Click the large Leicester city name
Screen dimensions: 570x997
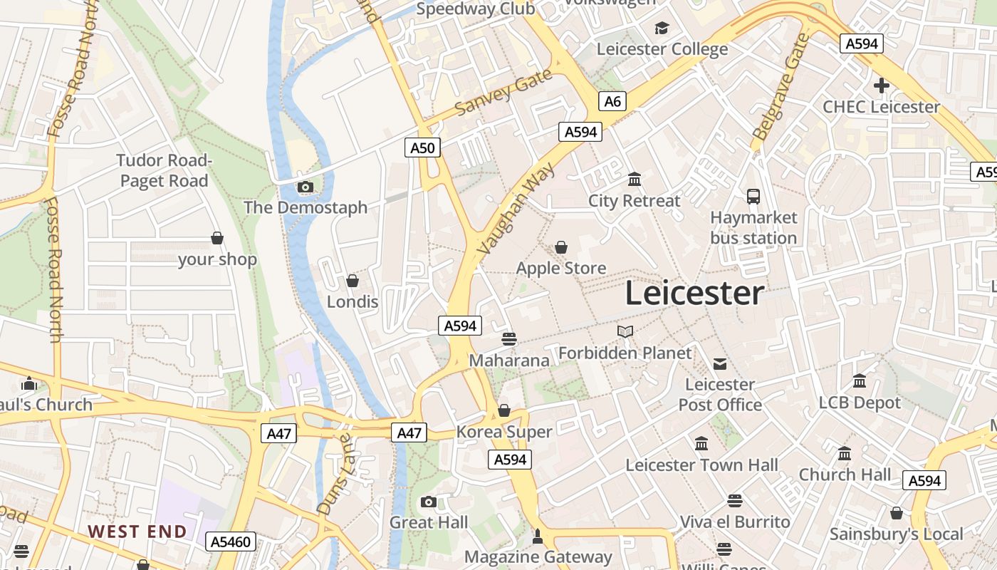click(694, 293)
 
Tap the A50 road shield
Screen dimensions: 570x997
click(422, 147)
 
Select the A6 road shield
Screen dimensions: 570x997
click(612, 101)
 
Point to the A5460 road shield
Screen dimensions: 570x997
click(231, 541)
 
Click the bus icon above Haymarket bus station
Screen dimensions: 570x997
click(753, 196)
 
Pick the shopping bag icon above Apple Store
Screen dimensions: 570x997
click(561, 247)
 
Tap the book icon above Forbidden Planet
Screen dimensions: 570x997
click(625, 331)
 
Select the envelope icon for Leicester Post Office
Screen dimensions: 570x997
click(720, 364)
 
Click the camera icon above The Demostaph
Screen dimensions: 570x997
click(306, 187)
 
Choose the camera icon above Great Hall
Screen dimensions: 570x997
click(428, 502)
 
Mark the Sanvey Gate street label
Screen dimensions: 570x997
click(503, 93)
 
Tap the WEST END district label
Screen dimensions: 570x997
click(137, 531)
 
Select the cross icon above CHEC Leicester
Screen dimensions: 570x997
click(881, 86)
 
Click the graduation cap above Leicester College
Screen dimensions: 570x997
click(662, 28)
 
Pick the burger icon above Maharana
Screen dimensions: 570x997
click(508, 338)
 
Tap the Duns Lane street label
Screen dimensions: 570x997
click(333, 474)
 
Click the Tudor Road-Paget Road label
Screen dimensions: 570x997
click(165, 170)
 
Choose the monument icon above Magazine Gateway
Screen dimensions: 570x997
click(538, 536)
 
